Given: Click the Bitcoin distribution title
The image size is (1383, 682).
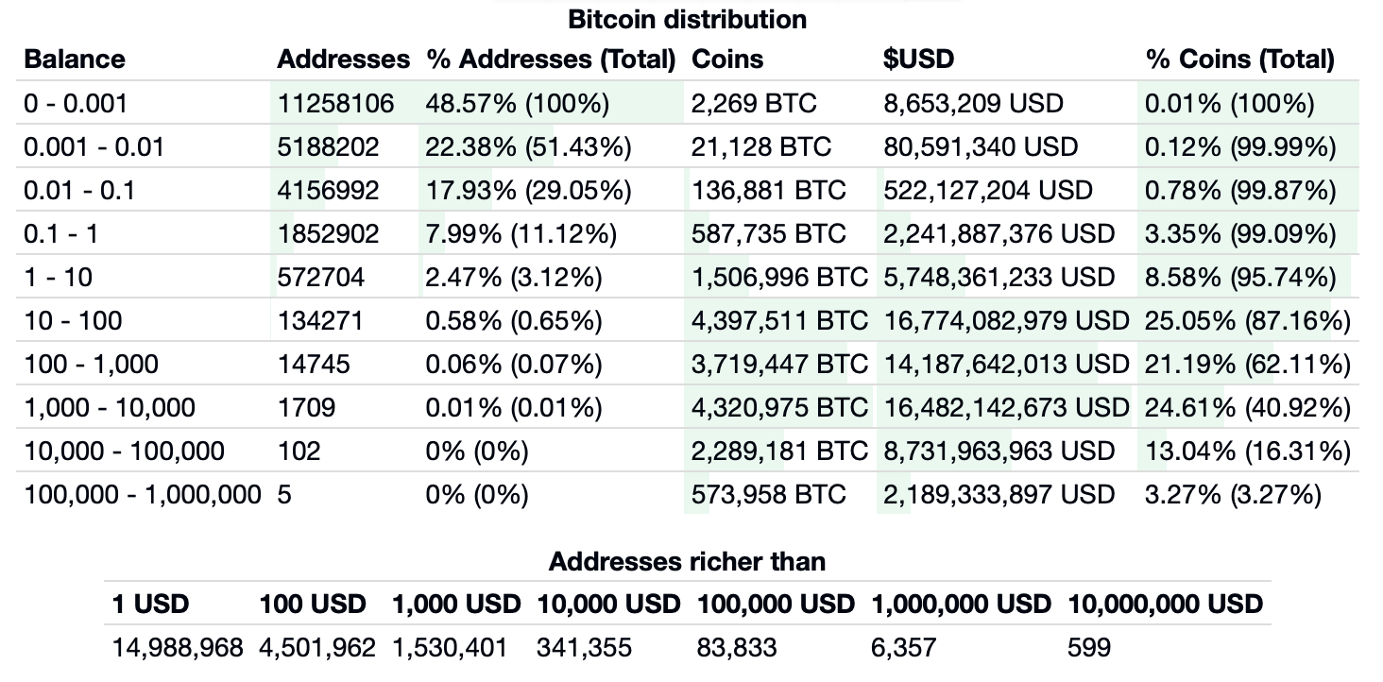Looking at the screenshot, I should pos(687,18).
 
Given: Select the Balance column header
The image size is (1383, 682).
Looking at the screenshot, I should pos(75,60).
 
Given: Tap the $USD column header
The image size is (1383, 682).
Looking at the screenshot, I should pos(918,60).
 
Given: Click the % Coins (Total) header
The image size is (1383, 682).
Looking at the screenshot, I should pos(1239,60).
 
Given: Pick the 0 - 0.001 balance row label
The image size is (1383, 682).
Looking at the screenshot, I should pos(76,103).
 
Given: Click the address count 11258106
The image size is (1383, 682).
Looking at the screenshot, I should pos(335,103).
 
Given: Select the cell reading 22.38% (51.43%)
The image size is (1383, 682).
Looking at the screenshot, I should pos(528,146).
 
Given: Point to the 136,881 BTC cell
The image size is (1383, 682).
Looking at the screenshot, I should pos(768,190).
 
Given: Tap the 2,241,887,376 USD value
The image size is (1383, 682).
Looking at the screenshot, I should pos(999,233).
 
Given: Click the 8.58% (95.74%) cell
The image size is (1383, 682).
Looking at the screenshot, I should pos(1239,277).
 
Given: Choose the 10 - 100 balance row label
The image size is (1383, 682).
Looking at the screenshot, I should pos(73,321).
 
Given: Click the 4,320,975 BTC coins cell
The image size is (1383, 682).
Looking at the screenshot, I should pos(778,408).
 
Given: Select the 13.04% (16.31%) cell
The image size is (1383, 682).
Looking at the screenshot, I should pos(1247,452).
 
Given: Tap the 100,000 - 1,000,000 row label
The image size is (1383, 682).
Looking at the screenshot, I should pos(142,495).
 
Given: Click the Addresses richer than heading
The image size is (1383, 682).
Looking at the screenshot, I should pos(687,562).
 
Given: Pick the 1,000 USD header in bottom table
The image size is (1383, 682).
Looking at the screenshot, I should pos(455,605).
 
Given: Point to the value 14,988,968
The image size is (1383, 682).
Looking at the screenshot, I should pos(178,648).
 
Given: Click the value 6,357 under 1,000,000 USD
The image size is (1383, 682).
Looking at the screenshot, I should pos(903,648).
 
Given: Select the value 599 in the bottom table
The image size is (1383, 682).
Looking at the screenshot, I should pos(1088,648).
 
